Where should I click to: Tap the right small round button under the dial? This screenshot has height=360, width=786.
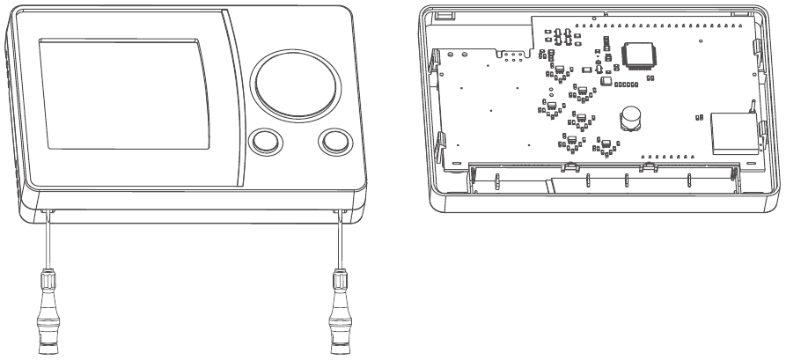[334, 141]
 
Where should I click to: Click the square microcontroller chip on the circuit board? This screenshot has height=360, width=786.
[636, 55]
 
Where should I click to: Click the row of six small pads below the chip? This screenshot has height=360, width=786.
[626, 83]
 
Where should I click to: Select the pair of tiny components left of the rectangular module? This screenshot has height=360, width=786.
[697, 115]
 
